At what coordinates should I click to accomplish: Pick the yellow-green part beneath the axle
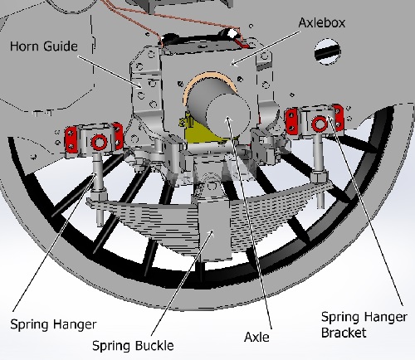[197, 134]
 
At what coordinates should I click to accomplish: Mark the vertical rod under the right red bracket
[320, 162]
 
